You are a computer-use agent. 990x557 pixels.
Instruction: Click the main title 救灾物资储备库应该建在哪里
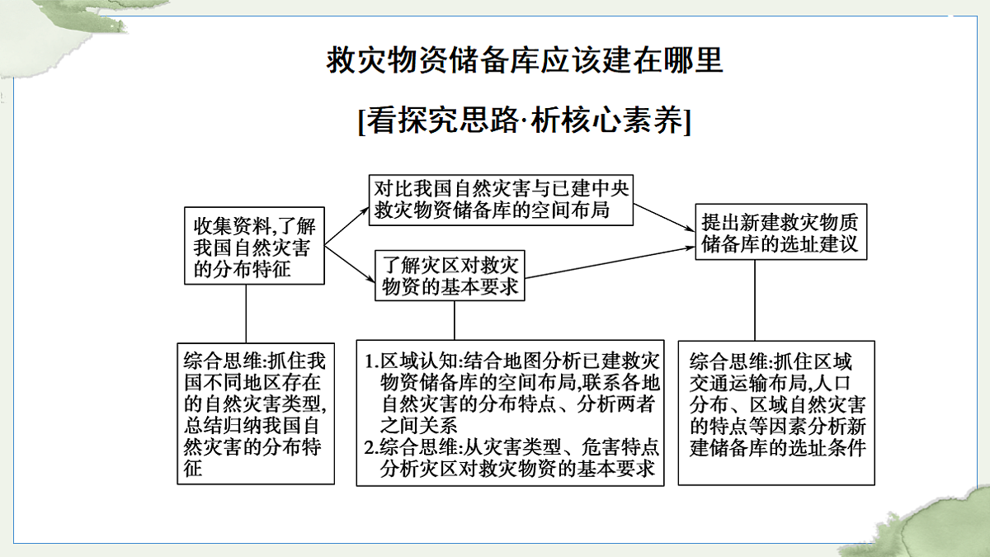coord(525,60)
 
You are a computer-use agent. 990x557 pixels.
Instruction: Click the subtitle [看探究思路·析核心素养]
coord(525,120)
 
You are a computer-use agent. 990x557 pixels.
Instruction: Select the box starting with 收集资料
coord(254,246)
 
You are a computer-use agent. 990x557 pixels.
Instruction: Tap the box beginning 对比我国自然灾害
coord(502,200)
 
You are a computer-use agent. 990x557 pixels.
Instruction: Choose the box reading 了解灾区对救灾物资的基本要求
coord(450,276)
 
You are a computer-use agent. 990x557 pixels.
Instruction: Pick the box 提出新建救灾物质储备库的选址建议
coord(781,232)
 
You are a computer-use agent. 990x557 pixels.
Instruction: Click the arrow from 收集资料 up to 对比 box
coord(347,225)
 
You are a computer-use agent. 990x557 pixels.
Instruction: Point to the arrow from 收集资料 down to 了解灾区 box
coord(350,263)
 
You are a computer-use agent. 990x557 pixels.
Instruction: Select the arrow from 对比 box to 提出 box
coord(664,218)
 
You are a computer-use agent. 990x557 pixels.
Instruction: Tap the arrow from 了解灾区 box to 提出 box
coord(610,262)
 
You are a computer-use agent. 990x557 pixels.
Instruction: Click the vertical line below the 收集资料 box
coord(246,314)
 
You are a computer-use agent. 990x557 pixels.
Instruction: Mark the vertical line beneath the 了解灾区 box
coord(455,320)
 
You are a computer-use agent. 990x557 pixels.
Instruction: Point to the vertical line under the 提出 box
coord(755,300)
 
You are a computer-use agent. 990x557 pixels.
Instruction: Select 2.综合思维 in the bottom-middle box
coord(411,447)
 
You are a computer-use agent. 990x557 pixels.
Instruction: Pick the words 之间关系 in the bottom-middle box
coord(418,426)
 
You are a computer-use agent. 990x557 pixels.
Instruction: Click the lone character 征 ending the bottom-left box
coord(193,468)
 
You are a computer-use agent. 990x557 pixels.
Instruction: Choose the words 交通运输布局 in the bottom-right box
coord(748,383)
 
